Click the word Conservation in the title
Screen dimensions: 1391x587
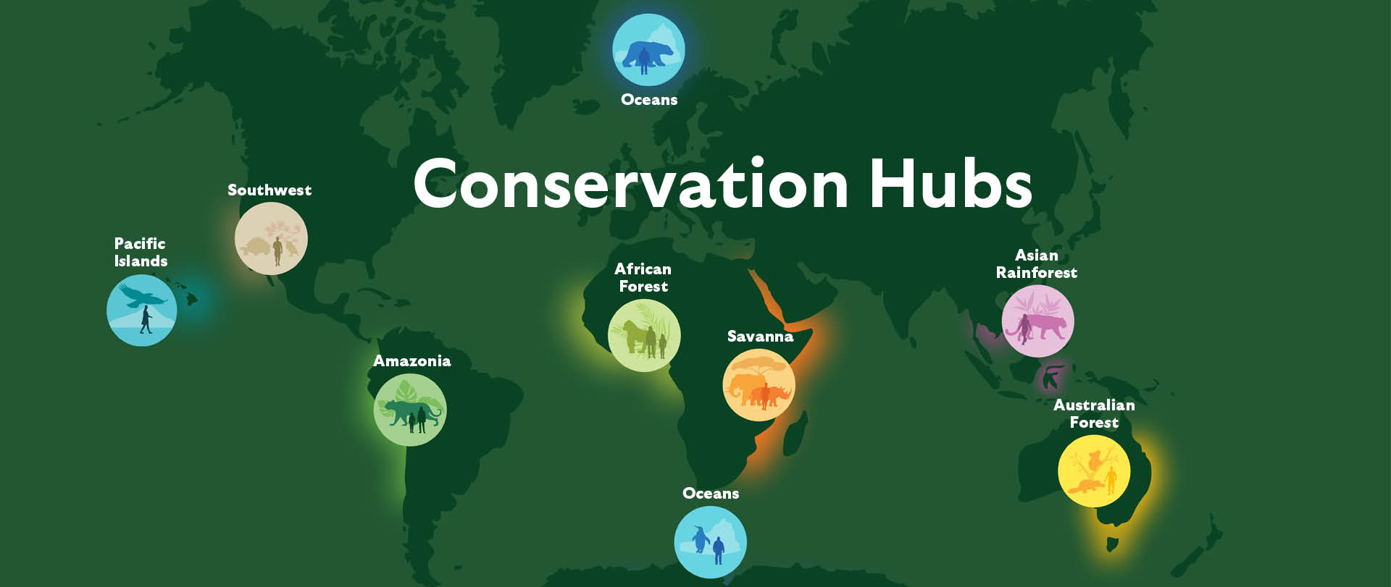pyautogui.click(x=630, y=184)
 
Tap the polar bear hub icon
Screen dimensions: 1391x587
pyautogui.click(x=648, y=50)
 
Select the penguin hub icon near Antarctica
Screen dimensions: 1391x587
pyautogui.click(x=710, y=542)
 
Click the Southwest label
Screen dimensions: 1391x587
pyautogui.click(x=270, y=190)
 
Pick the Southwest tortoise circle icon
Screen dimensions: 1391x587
pyautogui.click(x=271, y=238)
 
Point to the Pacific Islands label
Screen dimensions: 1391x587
pyautogui.click(x=141, y=252)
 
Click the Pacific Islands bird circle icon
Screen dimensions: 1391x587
pyautogui.click(x=142, y=311)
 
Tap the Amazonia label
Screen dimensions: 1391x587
pyautogui.click(x=412, y=360)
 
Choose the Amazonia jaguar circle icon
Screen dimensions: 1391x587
pyautogui.click(x=410, y=410)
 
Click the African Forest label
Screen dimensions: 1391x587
pyautogui.click(x=643, y=277)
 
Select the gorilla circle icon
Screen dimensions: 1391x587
pyautogui.click(x=644, y=336)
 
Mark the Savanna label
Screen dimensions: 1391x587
pyautogui.click(x=760, y=336)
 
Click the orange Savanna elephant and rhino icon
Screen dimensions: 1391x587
pyautogui.click(x=759, y=385)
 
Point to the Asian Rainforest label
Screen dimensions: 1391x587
pyautogui.click(x=1037, y=263)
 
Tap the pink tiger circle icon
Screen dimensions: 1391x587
pyautogui.click(x=1038, y=321)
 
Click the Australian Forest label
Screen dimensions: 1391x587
pyautogui.click(x=1094, y=413)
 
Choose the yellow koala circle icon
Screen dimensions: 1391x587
pyautogui.click(x=1094, y=471)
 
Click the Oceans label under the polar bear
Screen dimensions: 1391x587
pyautogui.click(x=649, y=99)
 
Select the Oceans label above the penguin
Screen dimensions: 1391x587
pyautogui.click(x=711, y=493)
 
